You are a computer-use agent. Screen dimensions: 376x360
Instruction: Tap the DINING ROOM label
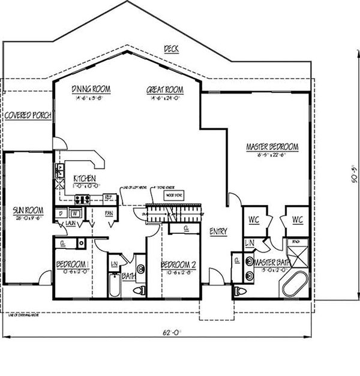point(91,89)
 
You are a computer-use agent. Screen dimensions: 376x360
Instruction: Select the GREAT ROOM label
point(165,90)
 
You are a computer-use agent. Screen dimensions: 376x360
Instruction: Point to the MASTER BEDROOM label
point(272,146)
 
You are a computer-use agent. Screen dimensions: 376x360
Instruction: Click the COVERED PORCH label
point(28,115)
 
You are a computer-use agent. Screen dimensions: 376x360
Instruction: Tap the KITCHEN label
point(86,179)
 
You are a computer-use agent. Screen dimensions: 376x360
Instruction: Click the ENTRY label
point(218,231)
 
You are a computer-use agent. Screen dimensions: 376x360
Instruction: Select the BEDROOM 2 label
point(179,264)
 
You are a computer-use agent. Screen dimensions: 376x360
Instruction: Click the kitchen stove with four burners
point(82,199)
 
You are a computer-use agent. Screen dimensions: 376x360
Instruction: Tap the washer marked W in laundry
point(74,212)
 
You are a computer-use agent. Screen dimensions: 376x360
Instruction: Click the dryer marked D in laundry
point(61,212)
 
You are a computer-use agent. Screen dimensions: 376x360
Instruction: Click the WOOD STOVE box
point(175,195)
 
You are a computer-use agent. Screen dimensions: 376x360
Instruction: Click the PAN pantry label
point(109,212)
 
